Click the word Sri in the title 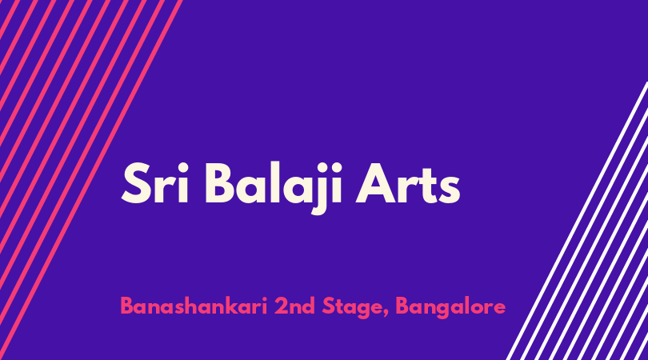click(x=155, y=182)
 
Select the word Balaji click(x=274, y=186)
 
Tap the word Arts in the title click(x=408, y=183)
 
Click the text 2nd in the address click(x=294, y=306)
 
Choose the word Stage click(x=353, y=308)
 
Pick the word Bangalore click(x=450, y=308)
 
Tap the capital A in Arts click(x=375, y=182)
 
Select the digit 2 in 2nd click(x=281, y=306)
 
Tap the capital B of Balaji click(x=220, y=182)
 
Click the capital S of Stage click(x=329, y=306)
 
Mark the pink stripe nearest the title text click(x=90, y=180)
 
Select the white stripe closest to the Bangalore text click(x=578, y=221)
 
